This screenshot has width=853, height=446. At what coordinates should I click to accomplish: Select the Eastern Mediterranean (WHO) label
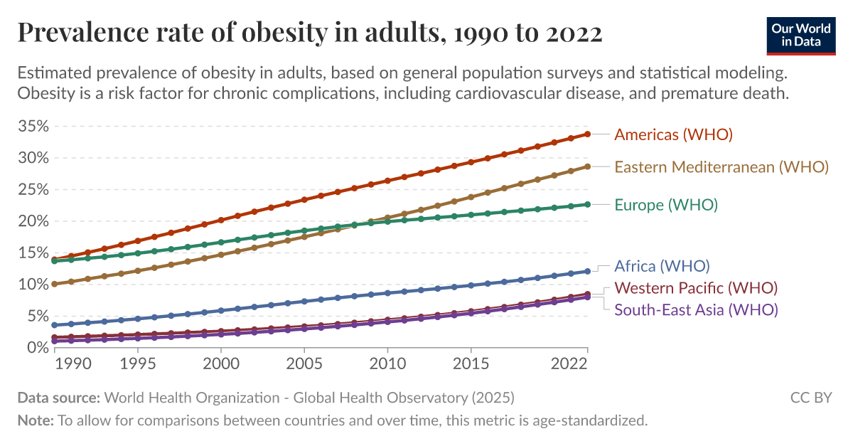coord(721,167)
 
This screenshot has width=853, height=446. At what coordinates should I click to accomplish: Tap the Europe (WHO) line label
coord(666,205)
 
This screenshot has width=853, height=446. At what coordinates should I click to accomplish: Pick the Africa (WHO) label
coord(662,267)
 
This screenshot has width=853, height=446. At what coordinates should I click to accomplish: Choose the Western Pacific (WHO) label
coord(696,288)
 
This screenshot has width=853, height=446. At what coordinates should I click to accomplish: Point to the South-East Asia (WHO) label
coord(696,309)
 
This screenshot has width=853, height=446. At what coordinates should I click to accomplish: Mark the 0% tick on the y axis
coord(37,347)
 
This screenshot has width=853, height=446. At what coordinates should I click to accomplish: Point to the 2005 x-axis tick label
coord(304,363)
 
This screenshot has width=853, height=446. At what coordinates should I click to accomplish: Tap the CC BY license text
coord(811,398)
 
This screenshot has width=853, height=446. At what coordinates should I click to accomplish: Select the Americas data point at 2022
coord(588,134)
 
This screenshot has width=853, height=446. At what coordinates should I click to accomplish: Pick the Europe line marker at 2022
coord(588,204)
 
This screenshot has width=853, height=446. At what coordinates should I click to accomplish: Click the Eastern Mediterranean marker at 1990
coord(54,284)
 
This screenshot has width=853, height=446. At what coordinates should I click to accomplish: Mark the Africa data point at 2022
coord(588,271)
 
